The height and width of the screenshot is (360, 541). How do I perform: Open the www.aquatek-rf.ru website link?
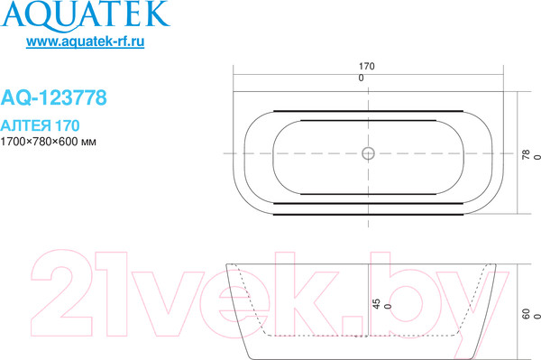87,43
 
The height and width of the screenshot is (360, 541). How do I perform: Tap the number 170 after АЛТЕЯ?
76,125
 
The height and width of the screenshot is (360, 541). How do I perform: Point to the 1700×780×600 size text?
39,143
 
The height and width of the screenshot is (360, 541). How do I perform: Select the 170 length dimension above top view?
366,67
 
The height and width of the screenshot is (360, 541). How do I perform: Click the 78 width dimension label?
527,153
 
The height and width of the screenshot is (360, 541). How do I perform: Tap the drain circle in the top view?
367,152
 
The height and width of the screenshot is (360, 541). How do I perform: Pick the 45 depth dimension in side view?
377,304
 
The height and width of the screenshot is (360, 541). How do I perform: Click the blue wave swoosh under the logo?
86,30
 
